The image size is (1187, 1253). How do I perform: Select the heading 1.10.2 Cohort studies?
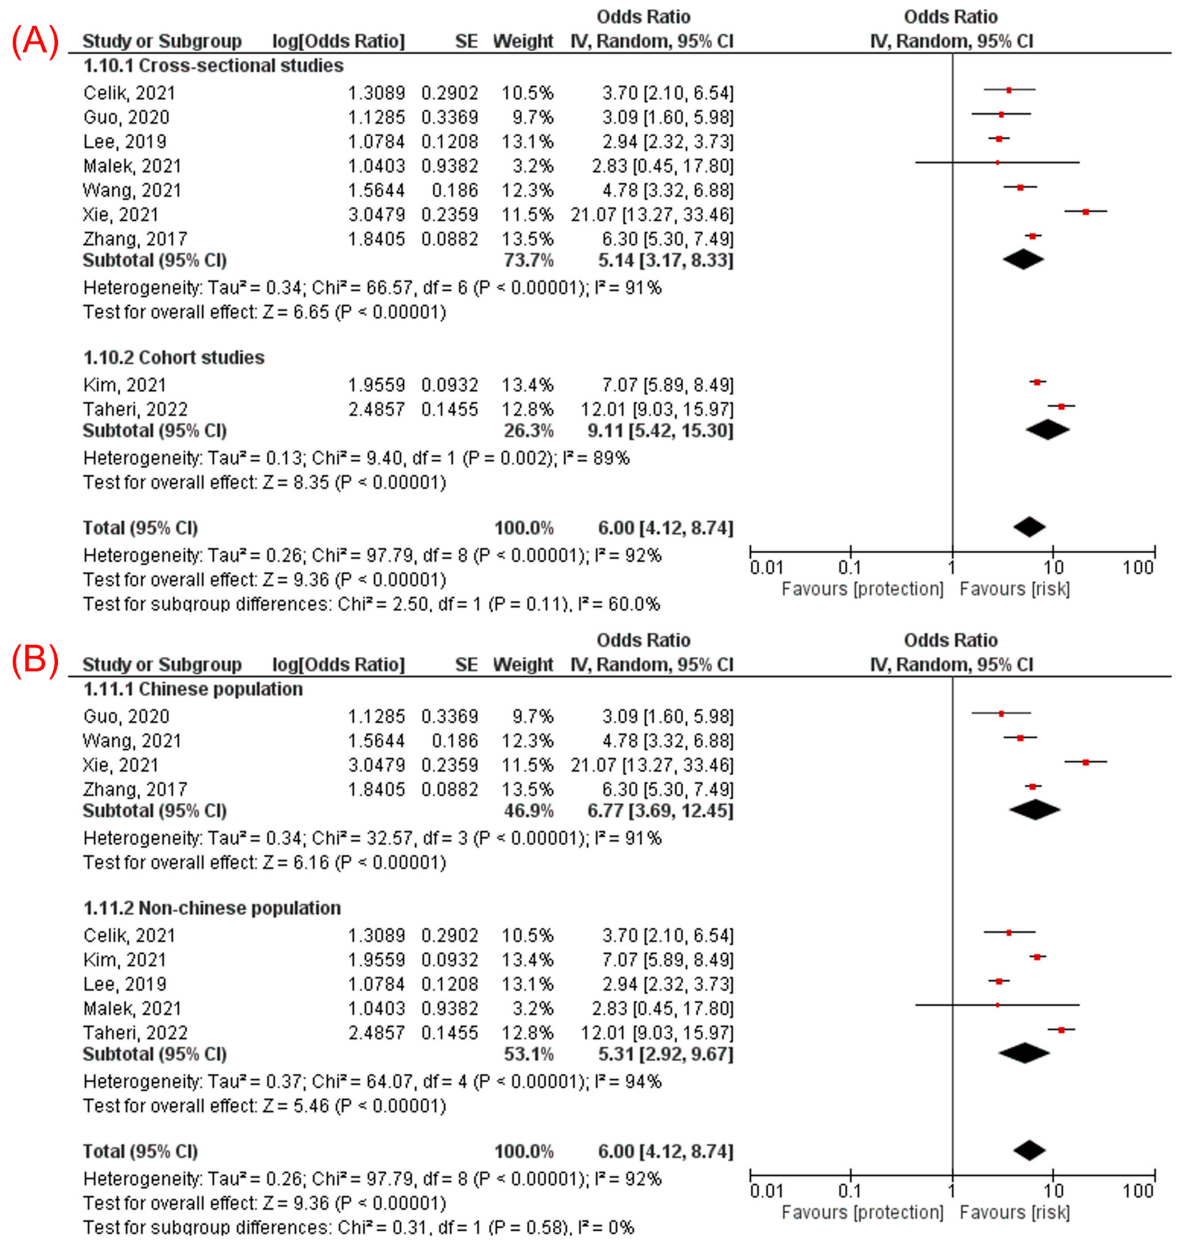click(174, 357)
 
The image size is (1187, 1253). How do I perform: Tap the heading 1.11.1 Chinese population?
click(193, 689)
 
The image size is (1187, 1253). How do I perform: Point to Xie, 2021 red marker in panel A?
click(1086, 211)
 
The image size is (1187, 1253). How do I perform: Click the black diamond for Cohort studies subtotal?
click(1048, 430)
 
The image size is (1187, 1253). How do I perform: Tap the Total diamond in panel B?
click(1029, 1151)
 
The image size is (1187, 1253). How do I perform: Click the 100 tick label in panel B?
click(1138, 1191)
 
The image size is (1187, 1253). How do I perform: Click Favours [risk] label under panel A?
click(1014, 589)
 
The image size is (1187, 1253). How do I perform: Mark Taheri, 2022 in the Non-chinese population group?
click(136, 1033)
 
